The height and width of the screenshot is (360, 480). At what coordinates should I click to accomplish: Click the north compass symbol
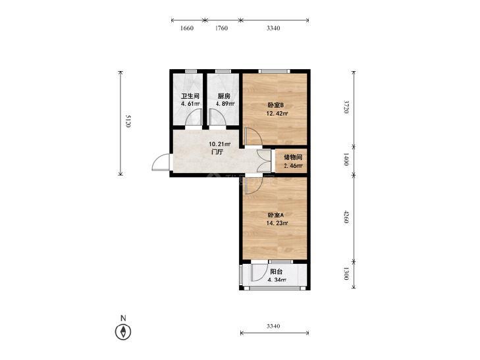tap(123, 332)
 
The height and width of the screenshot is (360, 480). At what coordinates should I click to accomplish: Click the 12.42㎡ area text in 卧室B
tap(277, 113)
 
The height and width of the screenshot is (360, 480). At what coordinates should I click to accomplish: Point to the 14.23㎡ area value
tap(277, 223)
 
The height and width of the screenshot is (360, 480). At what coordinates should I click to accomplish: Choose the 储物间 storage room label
tap(293, 157)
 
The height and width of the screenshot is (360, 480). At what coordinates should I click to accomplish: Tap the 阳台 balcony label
tap(276, 272)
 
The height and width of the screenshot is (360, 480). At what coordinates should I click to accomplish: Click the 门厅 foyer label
tap(217, 152)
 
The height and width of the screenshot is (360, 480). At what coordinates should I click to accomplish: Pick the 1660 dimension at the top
tap(187, 28)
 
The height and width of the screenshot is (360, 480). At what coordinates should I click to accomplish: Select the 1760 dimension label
tap(221, 28)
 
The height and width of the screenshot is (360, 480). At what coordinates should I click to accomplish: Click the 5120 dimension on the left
tap(128, 121)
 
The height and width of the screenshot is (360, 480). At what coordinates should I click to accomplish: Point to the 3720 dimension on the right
tap(346, 107)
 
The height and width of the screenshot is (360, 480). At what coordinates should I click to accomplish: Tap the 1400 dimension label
tap(346, 159)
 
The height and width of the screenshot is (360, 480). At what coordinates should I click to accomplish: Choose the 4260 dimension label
tap(346, 217)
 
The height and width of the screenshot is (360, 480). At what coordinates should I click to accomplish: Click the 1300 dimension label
tap(346, 273)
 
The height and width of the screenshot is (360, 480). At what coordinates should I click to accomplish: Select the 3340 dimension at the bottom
tap(273, 326)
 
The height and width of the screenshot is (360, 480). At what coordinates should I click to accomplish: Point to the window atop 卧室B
tap(274, 71)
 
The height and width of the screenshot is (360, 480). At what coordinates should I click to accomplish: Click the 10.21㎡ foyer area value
tap(219, 143)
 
